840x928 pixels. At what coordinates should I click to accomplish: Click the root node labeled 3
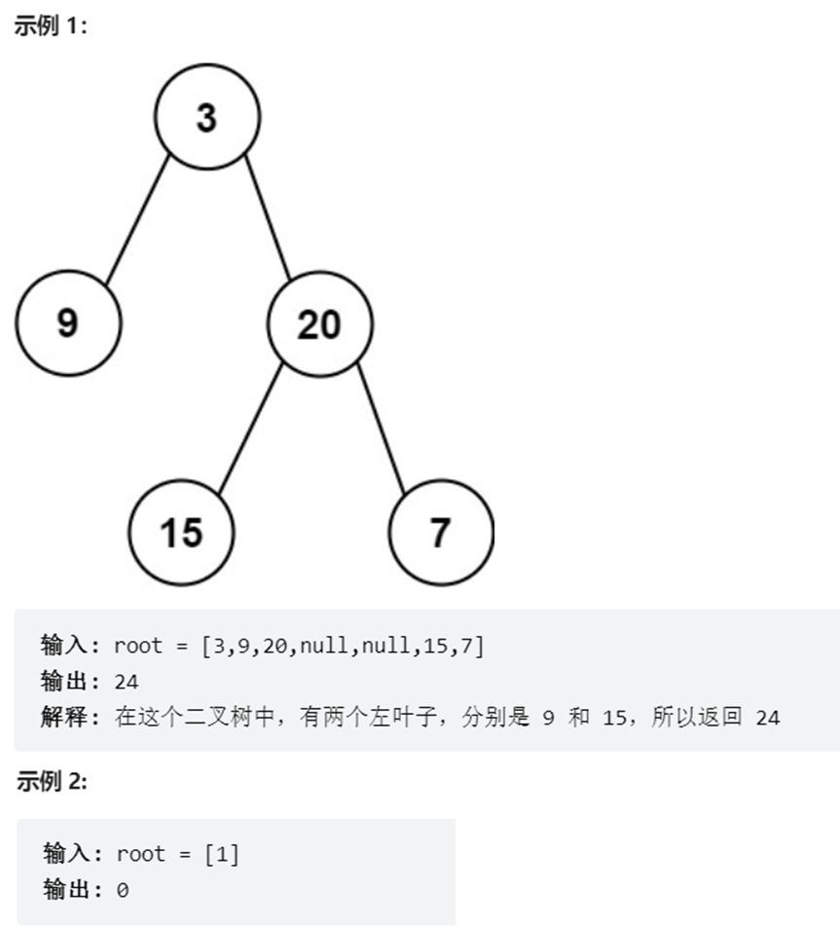(206, 117)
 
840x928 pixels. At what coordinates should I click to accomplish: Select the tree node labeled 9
(68, 322)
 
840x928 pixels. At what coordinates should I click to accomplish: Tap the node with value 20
(319, 323)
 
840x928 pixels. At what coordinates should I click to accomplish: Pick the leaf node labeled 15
(181, 532)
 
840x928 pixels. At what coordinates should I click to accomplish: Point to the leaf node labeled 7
(441, 532)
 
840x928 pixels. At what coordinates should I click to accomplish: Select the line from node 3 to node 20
(268, 216)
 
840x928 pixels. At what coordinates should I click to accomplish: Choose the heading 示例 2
(52, 781)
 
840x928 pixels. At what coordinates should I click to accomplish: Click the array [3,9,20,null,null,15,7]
(343, 645)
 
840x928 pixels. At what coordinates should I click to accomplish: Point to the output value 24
(127, 682)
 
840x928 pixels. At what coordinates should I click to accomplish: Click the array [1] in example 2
(221, 854)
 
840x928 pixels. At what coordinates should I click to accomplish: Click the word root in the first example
(139, 645)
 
